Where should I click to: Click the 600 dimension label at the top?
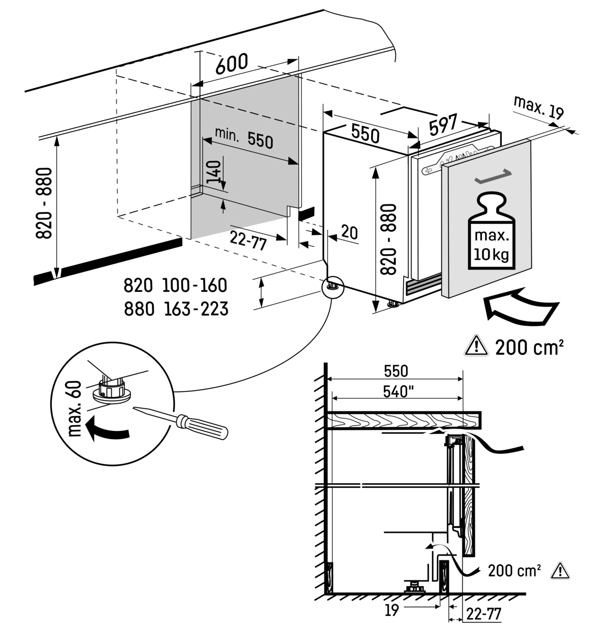[x=231, y=63]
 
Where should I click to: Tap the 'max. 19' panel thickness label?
[x=539, y=107]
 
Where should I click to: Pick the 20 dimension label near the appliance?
[x=350, y=232]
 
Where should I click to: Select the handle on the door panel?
[x=493, y=177]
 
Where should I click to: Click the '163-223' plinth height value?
[x=196, y=309]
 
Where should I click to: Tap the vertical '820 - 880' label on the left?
[x=44, y=203]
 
